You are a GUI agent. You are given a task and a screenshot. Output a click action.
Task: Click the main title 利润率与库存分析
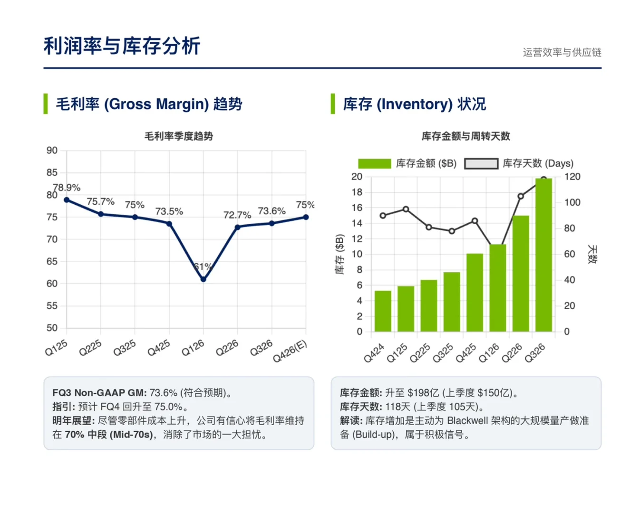coord(122,46)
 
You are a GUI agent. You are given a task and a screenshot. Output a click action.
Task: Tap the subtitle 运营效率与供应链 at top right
coord(562,52)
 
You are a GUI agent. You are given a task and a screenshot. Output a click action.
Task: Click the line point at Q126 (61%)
coord(203,279)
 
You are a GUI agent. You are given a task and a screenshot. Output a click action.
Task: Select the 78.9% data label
coord(67,188)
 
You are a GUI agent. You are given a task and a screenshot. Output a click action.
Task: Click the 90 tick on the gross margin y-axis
coord(52,151)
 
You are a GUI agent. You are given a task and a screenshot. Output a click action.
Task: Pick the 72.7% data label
coord(237,215)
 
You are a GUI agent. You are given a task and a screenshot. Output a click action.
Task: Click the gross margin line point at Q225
coord(101,214)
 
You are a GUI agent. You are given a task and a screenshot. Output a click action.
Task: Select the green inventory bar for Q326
coord(543,256)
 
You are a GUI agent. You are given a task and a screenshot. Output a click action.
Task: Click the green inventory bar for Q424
coord(383,311)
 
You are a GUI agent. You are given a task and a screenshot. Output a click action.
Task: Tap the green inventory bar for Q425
coord(474,293)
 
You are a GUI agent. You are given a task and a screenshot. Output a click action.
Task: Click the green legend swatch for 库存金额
coord(374,163)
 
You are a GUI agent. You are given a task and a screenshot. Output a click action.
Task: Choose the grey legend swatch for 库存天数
coord(481,163)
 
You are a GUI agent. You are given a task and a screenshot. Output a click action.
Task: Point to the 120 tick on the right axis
coord(572,177)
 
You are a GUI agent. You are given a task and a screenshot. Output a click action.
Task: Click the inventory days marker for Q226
coord(521,196)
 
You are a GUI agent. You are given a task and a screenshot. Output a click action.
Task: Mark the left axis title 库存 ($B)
coord(339,254)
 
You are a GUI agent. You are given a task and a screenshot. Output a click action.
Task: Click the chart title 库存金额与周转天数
coord(465,136)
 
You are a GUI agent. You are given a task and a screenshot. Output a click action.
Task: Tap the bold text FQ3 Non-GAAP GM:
coord(99,393)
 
